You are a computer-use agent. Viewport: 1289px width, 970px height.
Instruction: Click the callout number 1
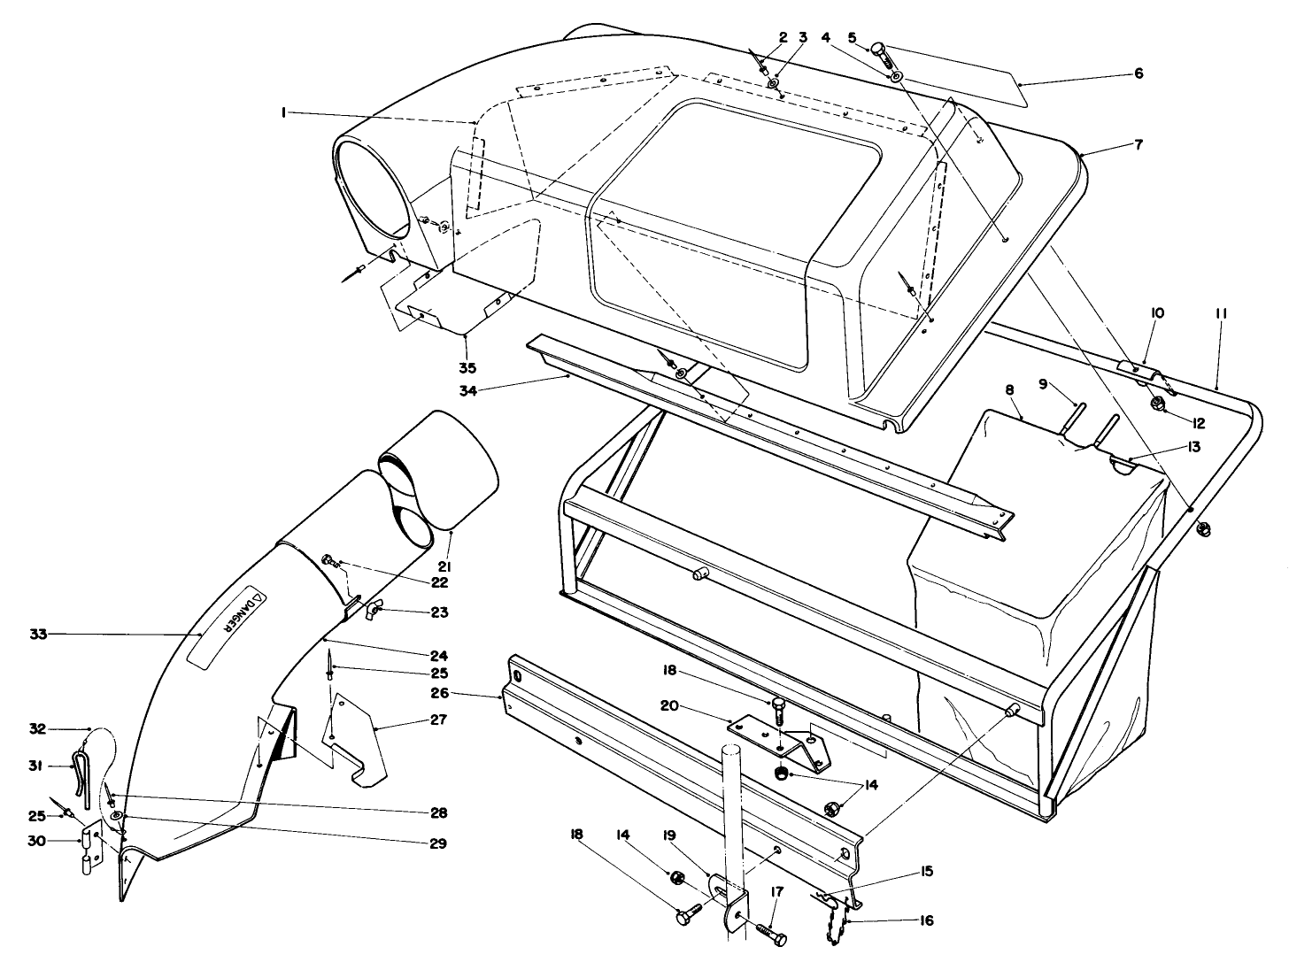[x=284, y=112]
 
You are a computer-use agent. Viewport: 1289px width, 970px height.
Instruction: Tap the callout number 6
[x=1138, y=73]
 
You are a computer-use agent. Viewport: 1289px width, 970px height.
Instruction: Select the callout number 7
[x=1139, y=144]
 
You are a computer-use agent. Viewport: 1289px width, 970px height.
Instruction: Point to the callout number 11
[x=1221, y=314]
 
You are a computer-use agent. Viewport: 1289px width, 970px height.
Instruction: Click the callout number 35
[x=468, y=368]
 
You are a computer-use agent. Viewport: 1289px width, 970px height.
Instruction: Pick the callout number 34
[x=468, y=390]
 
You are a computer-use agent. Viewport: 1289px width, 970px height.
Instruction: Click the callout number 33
[x=39, y=635]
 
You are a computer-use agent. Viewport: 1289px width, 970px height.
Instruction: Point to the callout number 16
[x=926, y=920]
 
